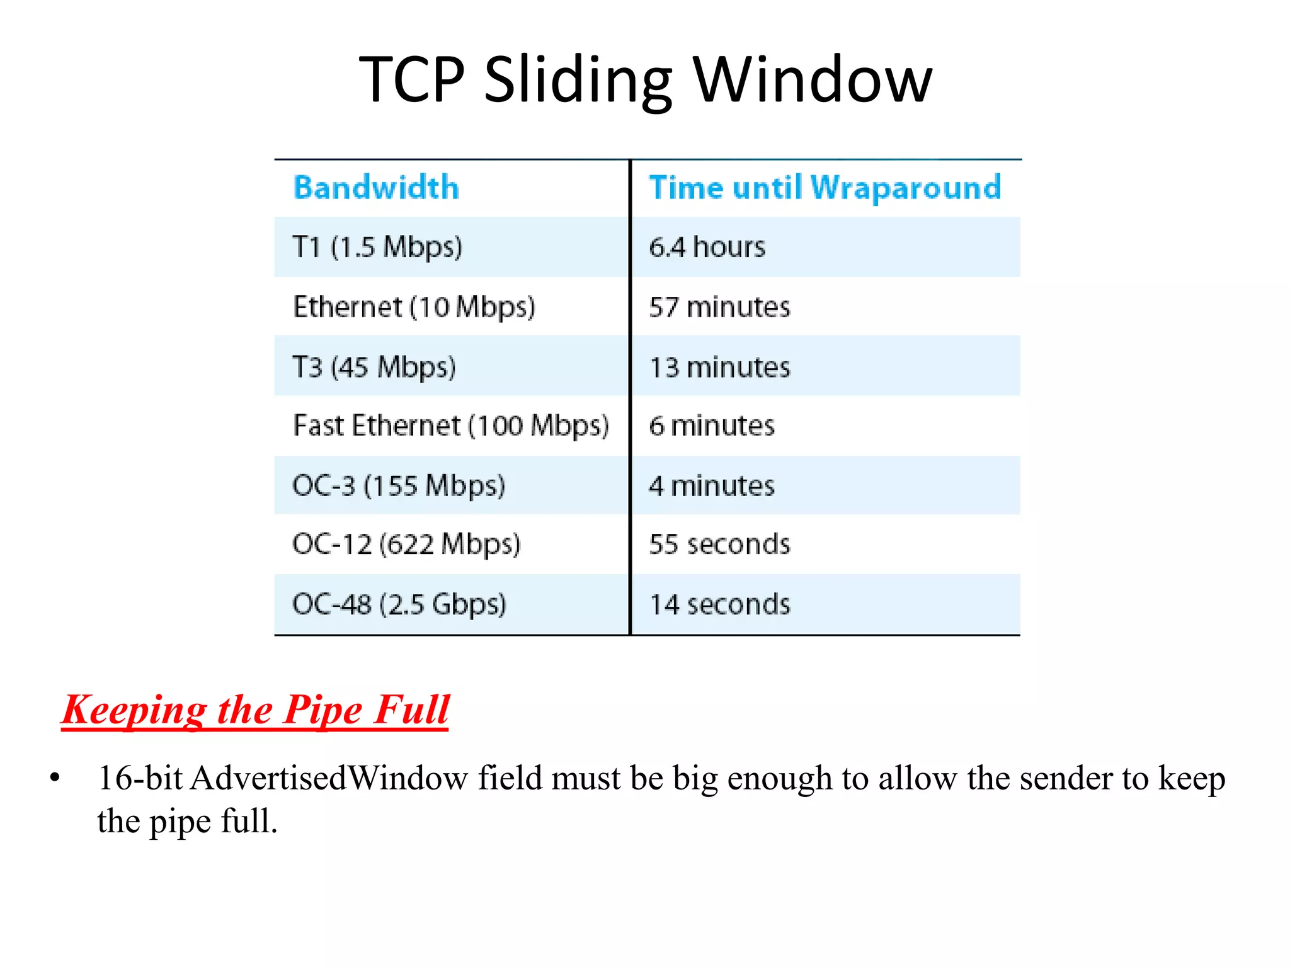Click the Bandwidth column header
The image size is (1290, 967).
coord(376,188)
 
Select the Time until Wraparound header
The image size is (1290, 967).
coord(825,188)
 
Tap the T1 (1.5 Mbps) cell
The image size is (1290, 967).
coord(377,247)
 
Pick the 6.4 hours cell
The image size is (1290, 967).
coord(707,247)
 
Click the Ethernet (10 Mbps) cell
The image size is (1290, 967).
coord(414,307)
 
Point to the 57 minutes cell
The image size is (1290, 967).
coord(719,307)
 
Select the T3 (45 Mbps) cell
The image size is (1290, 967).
coord(374,367)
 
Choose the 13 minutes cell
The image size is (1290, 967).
coord(719,367)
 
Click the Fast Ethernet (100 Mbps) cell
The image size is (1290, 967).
coord(451,426)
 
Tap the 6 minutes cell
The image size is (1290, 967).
coord(712,426)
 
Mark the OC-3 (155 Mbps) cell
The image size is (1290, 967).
coord(399,486)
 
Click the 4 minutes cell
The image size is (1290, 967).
coord(712,486)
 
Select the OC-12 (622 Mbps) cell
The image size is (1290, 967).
coord(406,545)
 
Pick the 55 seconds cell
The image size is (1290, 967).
coord(719,545)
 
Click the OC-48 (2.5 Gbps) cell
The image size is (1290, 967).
coord(399,604)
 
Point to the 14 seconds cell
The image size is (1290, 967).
coord(719,604)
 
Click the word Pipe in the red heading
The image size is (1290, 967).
coord(322,710)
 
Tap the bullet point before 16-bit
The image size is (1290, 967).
coord(55,779)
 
